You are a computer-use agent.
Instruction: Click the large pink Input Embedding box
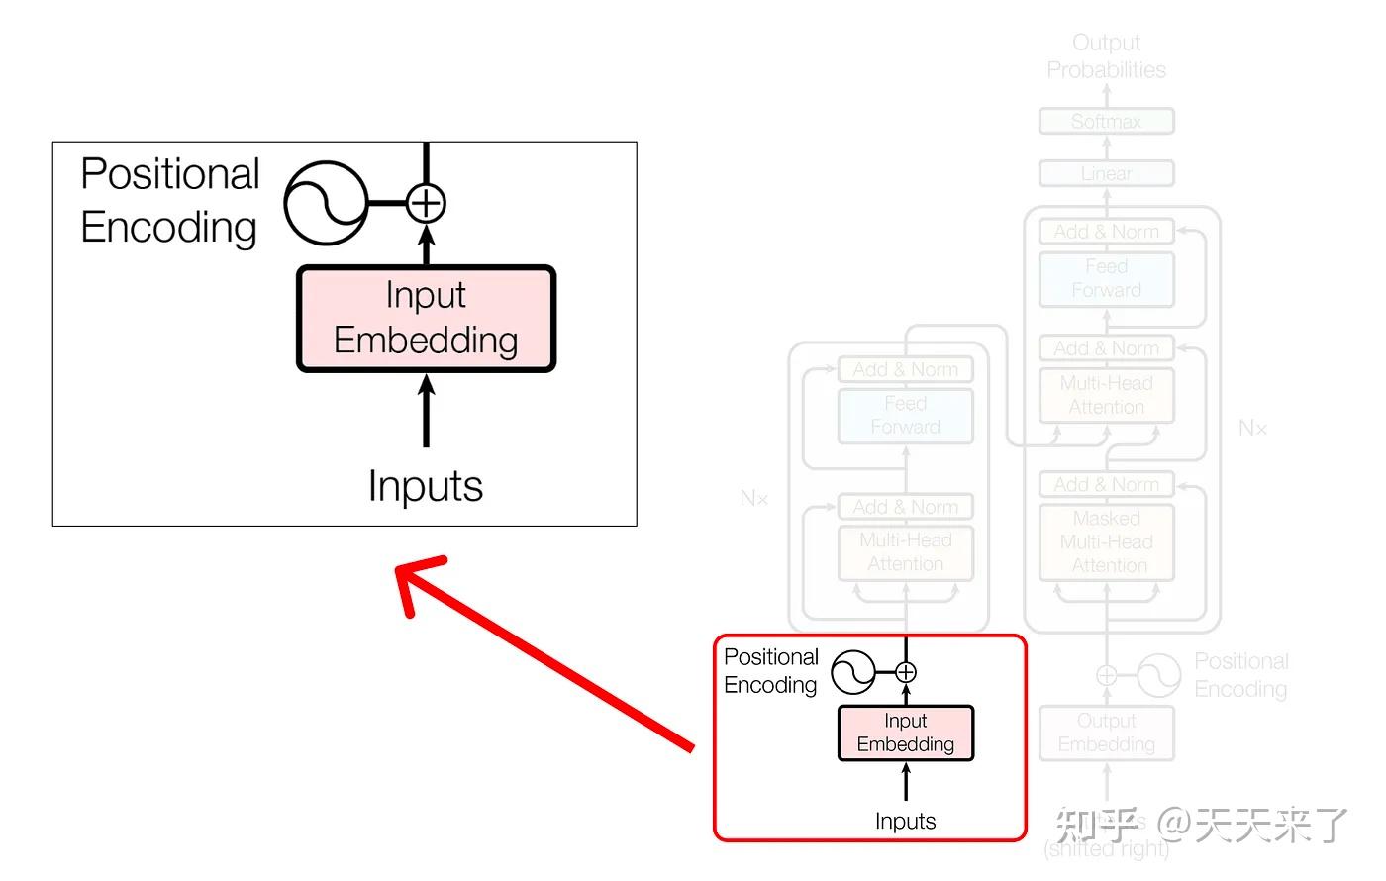[426, 319]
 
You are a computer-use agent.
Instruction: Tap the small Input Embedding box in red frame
[906, 733]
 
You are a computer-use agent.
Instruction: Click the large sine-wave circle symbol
[326, 203]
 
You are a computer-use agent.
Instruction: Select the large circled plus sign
[426, 203]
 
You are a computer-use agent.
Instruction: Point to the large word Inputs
[426, 486]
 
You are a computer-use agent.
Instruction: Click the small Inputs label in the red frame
[905, 821]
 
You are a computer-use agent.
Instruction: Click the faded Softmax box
[1106, 122]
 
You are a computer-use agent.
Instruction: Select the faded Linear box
[1106, 174]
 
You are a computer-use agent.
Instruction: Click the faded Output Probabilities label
[1106, 56]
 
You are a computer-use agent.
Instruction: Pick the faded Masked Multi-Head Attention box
[1106, 542]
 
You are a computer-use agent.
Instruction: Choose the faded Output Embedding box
[1106, 733]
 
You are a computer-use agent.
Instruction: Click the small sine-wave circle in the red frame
[852, 673]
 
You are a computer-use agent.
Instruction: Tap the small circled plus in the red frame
[906, 673]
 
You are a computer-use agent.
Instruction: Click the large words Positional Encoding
[169, 200]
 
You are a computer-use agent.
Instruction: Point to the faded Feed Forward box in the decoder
[1106, 279]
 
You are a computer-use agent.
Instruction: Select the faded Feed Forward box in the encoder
[905, 416]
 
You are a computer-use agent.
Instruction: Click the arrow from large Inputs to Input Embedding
[426, 411]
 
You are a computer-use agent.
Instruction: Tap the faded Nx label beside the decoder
[1252, 428]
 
